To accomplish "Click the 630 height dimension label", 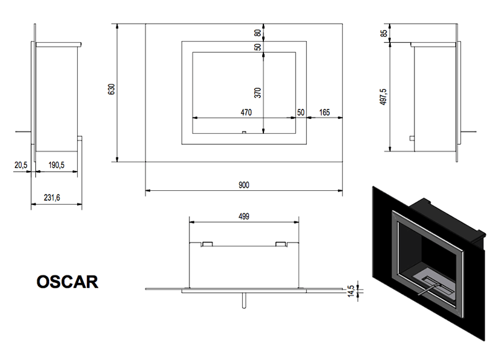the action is (111, 89).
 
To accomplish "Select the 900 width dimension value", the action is (244, 185).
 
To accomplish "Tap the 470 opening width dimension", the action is (246, 113).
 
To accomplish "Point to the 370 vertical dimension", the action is (258, 93).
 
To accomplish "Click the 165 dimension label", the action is (324, 113).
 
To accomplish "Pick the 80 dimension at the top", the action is (258, 33).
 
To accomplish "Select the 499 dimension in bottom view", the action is (244, 216).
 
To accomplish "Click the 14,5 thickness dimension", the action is (350, 291).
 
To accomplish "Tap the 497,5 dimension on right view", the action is (383, 97).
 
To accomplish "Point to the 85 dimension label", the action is (384, 33).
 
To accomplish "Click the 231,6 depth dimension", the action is (52, 198).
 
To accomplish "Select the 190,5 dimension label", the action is (57, 165).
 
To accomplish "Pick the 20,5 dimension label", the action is (21, 165).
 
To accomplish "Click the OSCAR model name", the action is (67, 282).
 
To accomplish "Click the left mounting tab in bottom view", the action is (207, 244).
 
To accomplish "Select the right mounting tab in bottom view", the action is (281, 244).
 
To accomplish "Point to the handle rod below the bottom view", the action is (244, 300).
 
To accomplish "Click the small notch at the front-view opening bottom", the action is (244, 132).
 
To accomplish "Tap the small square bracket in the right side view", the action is (412, 138).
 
